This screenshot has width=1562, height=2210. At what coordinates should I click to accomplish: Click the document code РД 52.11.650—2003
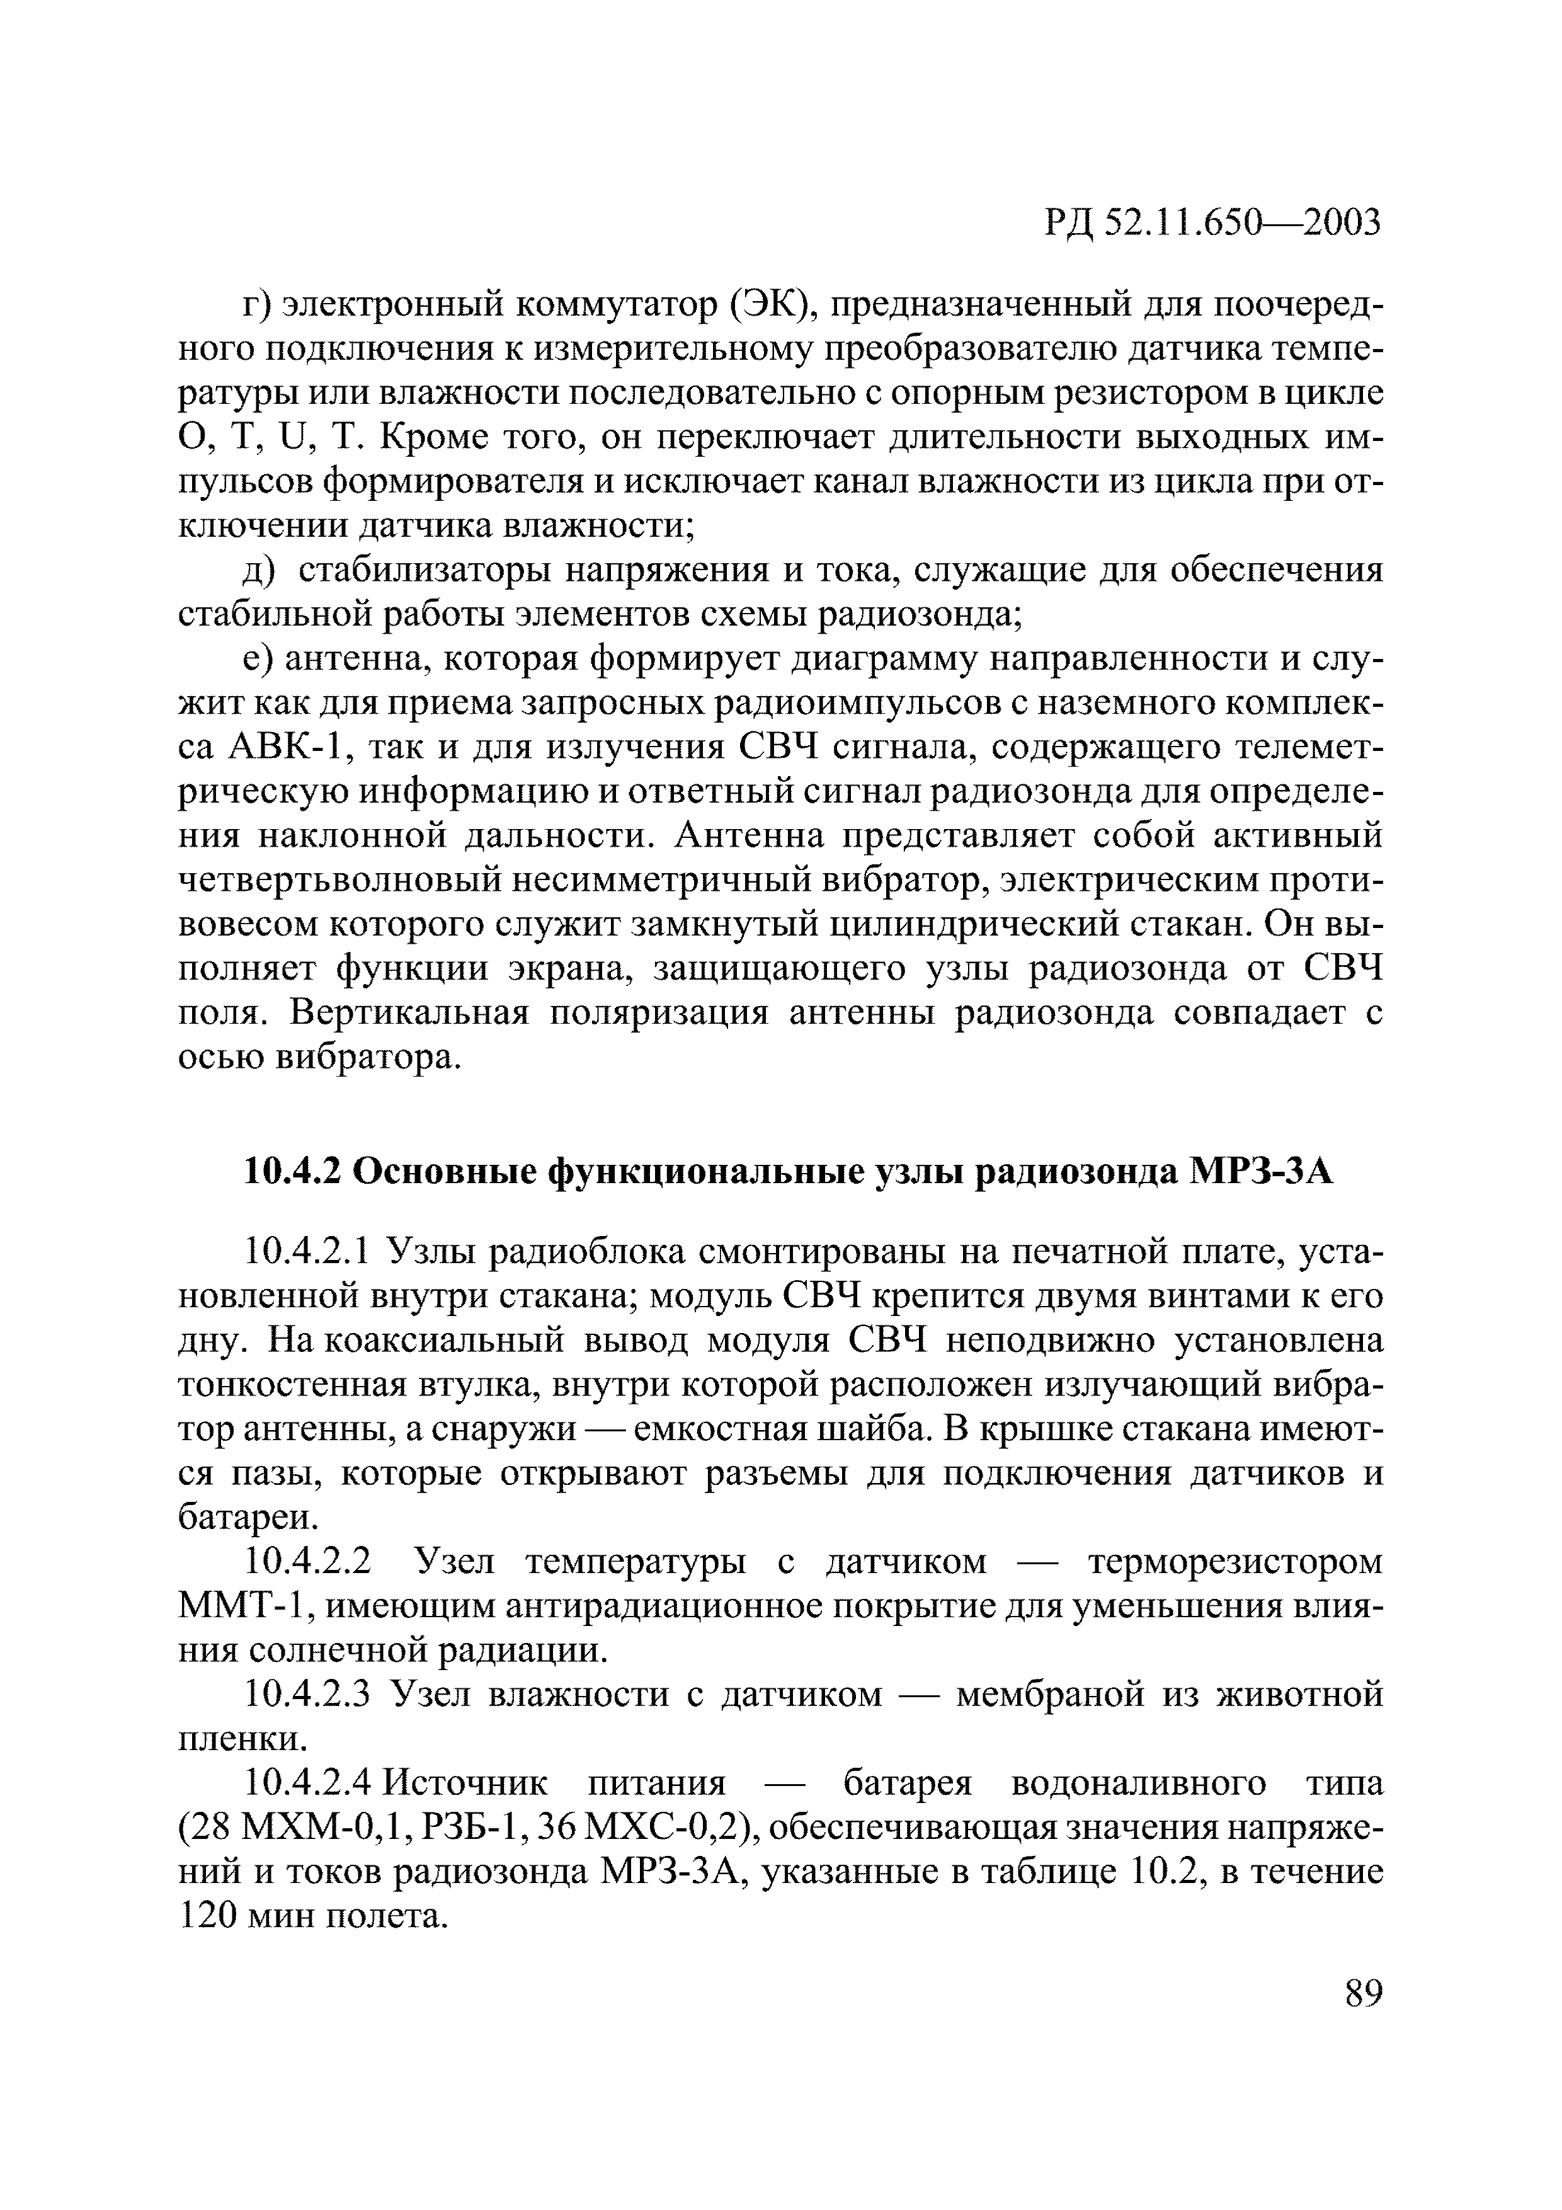1212,223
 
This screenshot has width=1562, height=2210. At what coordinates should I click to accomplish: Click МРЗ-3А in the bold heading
1262,1172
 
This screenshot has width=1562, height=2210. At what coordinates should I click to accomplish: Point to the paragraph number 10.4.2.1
308,1252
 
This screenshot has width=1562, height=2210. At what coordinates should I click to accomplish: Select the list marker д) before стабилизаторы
260,571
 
